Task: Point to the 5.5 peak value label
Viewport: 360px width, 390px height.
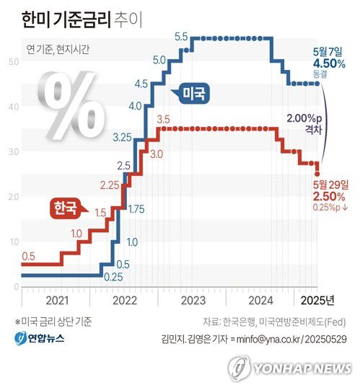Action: pos(181,36)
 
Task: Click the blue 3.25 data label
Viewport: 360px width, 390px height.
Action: pos(122,136)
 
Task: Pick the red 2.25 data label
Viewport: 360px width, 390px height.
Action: pos(109,185)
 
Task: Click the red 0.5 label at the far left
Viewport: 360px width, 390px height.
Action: pos(29,256)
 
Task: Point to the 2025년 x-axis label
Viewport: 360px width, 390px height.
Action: pos(316,299)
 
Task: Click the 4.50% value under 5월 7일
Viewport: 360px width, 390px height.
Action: pos(328,63)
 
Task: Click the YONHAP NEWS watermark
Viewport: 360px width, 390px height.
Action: pos(292,368)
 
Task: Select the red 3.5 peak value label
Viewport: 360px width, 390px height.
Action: pos(162,118)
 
